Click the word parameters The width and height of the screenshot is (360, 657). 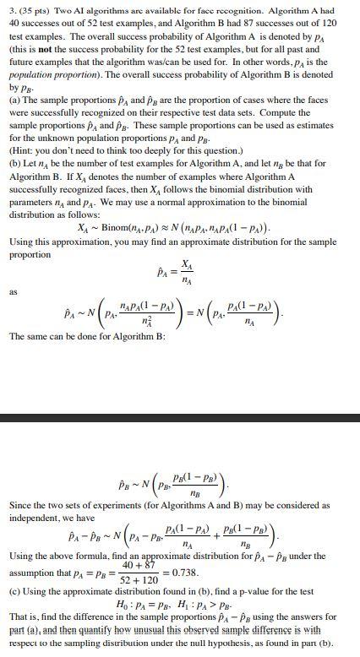click(31, 202)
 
